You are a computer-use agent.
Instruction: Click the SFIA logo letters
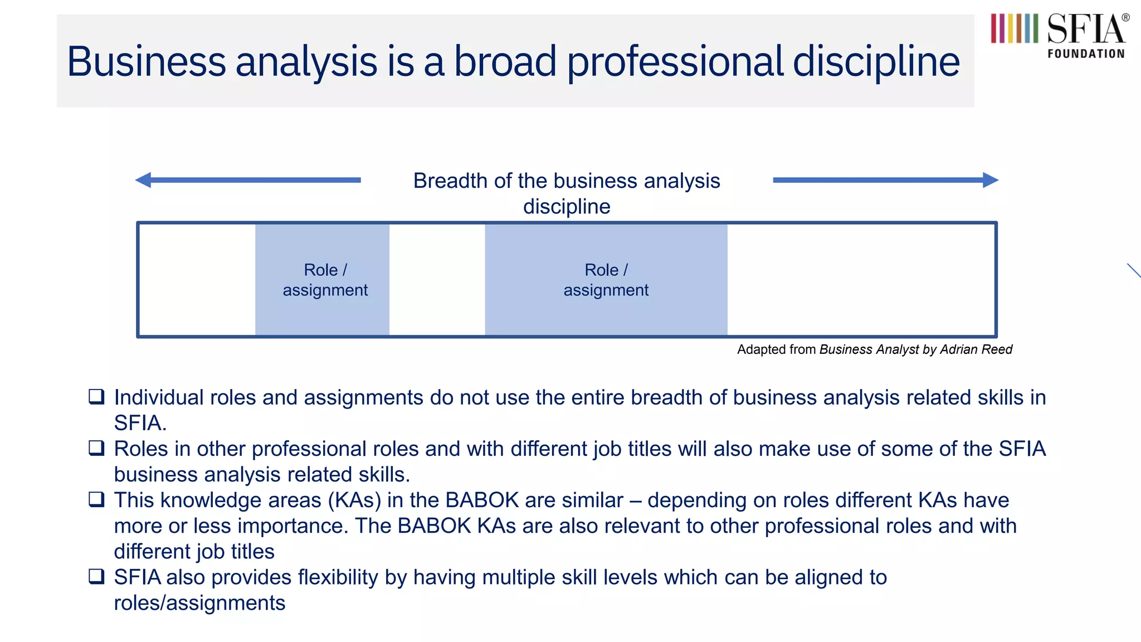tap(1086, 30)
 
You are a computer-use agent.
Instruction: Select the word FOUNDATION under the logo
tap(1086, 54)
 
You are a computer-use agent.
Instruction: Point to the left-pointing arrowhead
tap(144, 180)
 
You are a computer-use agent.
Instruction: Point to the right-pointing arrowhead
tap(990, 180)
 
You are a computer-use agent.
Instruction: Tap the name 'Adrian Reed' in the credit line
tap(976, 349)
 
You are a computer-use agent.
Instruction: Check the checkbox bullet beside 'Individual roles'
tap(96, 397)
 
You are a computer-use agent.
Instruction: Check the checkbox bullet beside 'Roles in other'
tap(96, 448)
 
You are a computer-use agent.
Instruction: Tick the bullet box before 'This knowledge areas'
tap(96, 499)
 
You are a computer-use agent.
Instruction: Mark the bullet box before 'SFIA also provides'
tap(96, 576)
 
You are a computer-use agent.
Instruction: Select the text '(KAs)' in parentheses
tap(354, 500)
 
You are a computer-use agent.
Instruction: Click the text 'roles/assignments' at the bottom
tap(199, 603)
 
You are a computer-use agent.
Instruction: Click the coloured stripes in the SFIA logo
tap(1014, 28)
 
